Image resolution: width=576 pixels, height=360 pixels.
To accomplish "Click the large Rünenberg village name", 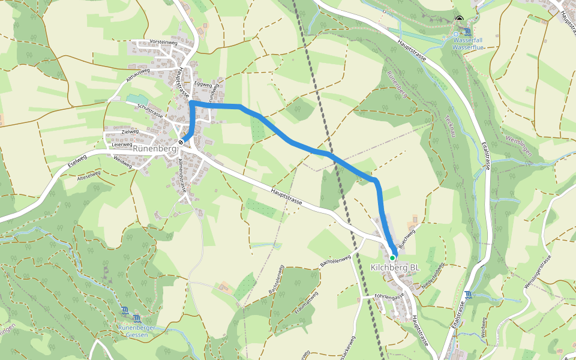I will pos(154,148).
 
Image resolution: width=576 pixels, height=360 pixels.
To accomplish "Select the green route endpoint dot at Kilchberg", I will pos(393,257).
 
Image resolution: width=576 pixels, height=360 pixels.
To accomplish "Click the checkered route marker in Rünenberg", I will pos(181,142).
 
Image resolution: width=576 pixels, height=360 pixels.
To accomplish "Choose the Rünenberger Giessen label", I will pos(137,331).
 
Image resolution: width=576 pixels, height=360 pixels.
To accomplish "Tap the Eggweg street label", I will pos(203,85).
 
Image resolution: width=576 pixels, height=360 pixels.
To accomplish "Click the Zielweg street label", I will pos(130,131).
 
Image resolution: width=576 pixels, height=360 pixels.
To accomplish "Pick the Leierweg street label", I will pos(122,144).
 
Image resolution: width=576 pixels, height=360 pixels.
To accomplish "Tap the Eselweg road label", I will pos(77,159).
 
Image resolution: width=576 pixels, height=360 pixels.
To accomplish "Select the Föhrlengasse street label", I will pos(391,296).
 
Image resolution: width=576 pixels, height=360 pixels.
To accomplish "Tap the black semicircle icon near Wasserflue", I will pos(460,19).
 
